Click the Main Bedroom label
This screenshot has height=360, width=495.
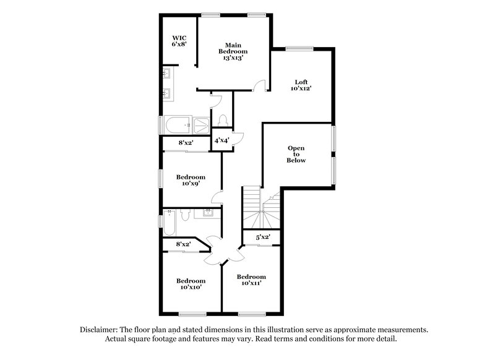tap(233, 51)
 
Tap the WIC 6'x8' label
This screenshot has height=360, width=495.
tap(179, 41)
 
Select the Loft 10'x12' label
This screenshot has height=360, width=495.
tap(301, 85)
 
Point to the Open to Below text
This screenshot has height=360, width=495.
tap(296, 154)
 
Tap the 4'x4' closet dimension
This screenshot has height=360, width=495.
tap(222, 140)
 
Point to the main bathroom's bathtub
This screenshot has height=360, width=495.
tap(178, 125)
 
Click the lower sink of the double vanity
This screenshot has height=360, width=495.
tap(168, 95)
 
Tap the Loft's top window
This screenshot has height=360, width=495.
tap(299, 48)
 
